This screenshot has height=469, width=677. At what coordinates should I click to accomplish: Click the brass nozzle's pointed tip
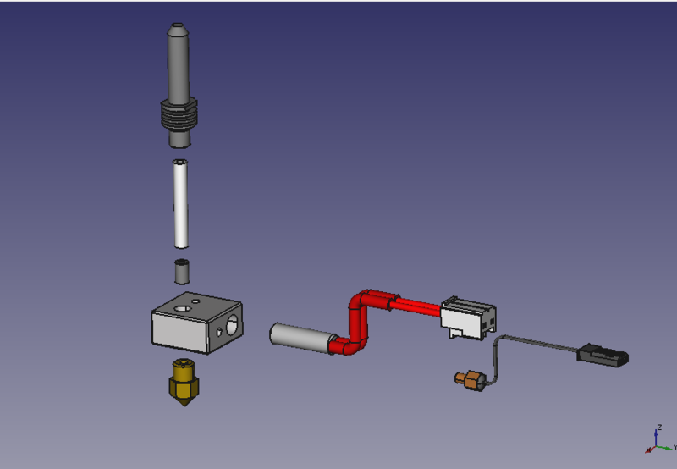pos(184,406)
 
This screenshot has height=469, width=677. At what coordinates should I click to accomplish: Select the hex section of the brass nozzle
pos(184,388)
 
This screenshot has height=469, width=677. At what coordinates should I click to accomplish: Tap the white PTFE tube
pos(180,204)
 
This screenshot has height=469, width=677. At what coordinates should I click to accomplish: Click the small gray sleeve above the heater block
pos(182,272)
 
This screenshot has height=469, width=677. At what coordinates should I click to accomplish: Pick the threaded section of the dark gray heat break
pos(179,114)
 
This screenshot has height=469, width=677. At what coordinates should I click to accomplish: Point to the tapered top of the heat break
pos(178,30)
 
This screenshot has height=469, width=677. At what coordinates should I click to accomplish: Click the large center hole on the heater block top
pos(182,309)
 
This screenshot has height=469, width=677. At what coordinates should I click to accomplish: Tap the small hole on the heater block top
pos(195,301)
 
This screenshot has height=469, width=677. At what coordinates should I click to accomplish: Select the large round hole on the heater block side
pos(232,325)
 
